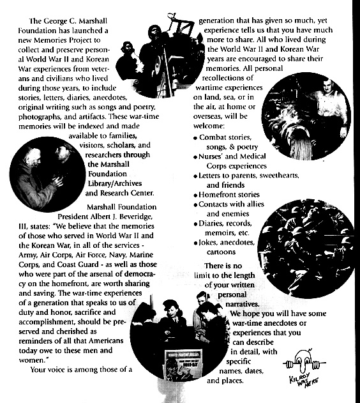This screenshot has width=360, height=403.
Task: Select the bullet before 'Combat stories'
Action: (195, 137)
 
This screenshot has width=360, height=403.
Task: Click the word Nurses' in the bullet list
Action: (214, 156)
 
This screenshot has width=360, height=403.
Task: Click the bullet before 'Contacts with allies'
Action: (195, 204)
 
